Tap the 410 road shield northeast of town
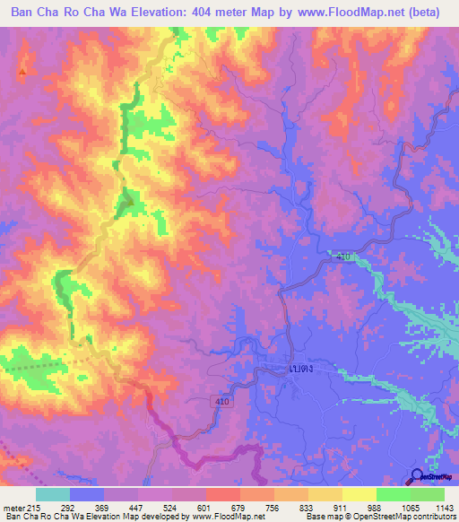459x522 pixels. tap(344, 257)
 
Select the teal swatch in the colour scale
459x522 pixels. tap(53, 494)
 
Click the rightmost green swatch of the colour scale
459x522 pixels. tap(428, 494)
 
